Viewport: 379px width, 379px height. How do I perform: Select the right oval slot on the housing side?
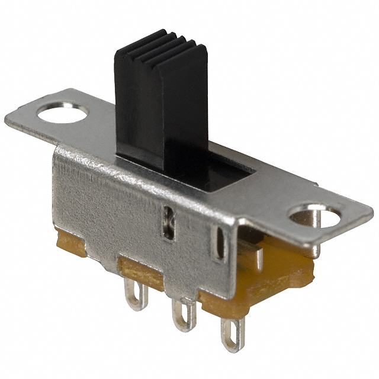click(220, 243)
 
